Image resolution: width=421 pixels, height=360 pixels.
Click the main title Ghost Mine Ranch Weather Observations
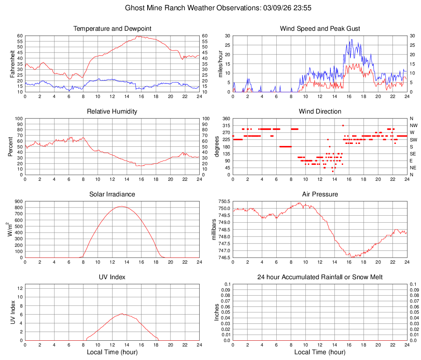click(210, 8)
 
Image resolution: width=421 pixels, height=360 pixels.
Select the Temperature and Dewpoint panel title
click(112, 29)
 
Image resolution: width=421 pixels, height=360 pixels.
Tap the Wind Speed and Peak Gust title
click(320, 29)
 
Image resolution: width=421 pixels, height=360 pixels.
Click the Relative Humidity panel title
click(112, 112)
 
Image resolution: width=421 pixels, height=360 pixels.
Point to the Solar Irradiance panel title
click(112, 194)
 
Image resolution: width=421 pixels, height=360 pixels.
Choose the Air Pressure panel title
click(320, 194)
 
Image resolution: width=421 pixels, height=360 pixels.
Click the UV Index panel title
click(112, 277)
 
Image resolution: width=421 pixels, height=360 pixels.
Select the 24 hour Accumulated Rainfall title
click(320, 277)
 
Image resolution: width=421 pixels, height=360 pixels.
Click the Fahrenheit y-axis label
click(12, 64)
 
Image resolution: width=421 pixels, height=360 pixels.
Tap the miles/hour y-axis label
click(220, 64)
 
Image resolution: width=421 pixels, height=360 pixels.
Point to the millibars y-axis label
click(214, 229)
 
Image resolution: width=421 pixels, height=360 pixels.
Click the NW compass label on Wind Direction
click(414, 125)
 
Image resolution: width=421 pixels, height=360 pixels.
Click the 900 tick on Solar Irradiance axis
click(18, 201)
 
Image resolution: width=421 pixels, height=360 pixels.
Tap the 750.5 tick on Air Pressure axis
click(223, 201)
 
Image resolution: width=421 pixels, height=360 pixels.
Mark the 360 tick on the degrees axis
click(225, 118)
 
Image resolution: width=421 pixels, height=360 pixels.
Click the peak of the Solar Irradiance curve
click(121, 206)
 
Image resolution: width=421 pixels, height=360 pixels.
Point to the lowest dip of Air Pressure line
click(352, 257)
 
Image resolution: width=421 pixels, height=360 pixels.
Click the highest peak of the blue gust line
click(352, 40)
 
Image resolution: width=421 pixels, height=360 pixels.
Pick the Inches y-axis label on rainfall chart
click(217, 312)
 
